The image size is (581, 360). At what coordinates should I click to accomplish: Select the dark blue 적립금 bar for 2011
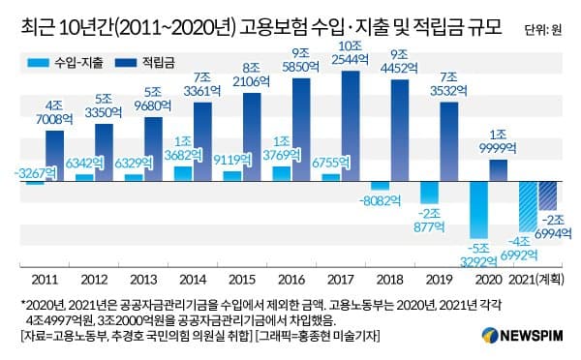[x=54, y=156]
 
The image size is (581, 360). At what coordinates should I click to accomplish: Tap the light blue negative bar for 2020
[x=479, y=211]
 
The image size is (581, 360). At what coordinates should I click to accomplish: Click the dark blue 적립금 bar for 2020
[x=498, y=170]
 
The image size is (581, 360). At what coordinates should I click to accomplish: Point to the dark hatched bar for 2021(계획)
[x=547, y=196]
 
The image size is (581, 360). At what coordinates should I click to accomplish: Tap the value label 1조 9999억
[x=498, y=143]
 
